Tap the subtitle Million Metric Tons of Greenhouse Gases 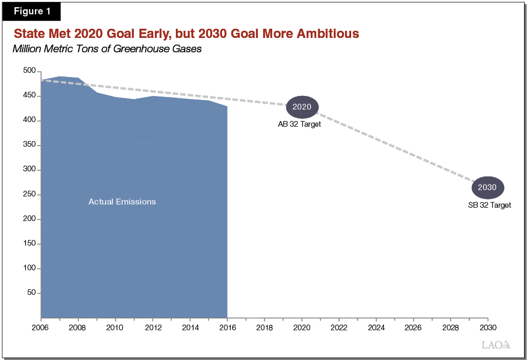107,50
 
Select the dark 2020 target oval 302,107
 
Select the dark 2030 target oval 487,187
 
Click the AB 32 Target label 299,124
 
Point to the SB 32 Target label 489,205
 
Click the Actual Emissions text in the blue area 122,202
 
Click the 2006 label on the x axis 40,327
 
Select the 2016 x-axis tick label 227,327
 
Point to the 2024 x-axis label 376,327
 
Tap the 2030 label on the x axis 487,327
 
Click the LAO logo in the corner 496,345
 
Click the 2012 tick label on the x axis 153,327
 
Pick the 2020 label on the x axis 301,327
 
